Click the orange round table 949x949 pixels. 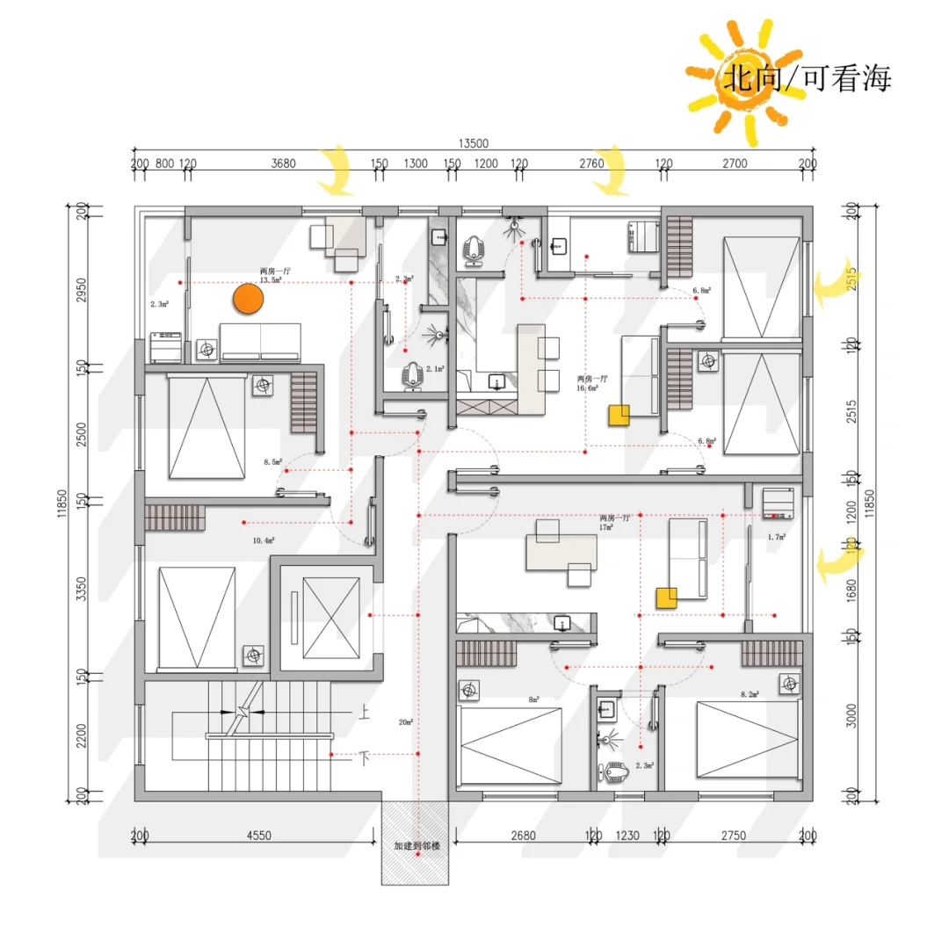tap(249, 300)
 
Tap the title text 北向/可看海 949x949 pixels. tap(806, 78)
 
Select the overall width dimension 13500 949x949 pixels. tap(473, 143)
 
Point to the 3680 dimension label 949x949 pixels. tap(283, 163)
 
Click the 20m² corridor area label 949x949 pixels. tap(406, 722)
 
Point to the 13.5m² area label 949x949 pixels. tap(270, 280)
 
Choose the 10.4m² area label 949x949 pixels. tap(264, 540)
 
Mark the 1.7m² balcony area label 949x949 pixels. tap(776, 535)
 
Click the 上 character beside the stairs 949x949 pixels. tap(364, 714)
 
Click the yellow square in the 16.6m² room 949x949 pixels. tap(621, 416)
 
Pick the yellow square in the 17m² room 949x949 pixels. tap(667, 598)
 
